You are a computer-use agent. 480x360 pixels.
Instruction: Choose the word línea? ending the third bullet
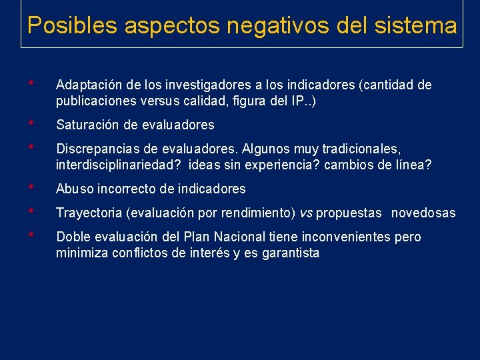pos(413,165)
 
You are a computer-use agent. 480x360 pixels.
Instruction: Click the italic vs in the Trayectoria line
pos(306,213)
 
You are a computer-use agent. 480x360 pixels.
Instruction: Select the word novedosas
pos(423,213)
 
